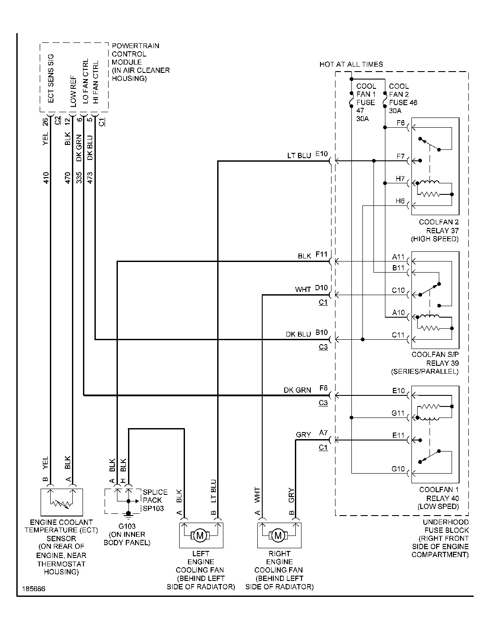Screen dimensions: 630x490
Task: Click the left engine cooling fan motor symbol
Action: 200,536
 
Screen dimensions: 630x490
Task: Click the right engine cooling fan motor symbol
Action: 278,536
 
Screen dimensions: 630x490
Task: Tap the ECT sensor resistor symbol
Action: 60,501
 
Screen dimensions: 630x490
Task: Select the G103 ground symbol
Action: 128,514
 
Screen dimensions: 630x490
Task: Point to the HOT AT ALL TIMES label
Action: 351,65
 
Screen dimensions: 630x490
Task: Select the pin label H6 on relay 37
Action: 400,201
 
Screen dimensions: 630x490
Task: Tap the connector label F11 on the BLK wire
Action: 321,254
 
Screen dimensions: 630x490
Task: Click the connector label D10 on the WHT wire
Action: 321,288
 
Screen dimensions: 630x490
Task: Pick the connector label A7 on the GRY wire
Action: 323,434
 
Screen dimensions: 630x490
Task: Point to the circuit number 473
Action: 90,178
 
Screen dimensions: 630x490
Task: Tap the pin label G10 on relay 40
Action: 398,469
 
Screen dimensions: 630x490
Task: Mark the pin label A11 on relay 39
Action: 398,257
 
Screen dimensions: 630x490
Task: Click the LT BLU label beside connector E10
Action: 299,155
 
